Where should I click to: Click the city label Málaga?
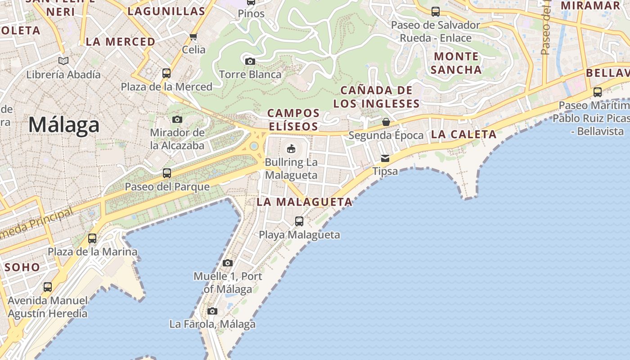tap(64, 124)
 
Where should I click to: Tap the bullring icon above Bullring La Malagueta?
tap(291, 148)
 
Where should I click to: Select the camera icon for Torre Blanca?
tap(250, 61)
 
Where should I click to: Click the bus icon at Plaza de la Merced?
tap(166, 73)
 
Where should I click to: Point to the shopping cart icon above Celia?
tap(193, 36)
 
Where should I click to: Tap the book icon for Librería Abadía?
tap(63, 61)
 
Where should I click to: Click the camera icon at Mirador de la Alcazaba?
tap(177, 119)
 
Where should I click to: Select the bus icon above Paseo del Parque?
tap(167, 173)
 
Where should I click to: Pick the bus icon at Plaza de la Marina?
tap(92, 238)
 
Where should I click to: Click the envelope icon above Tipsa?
tap(385, 158)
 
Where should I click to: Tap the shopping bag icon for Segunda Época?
tap(386, 121)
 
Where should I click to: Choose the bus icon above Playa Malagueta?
tap(299, 221)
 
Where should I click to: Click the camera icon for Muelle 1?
tap(228, 263)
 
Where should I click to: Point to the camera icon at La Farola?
tap(212, 311)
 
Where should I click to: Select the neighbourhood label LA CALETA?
tap(463, 134)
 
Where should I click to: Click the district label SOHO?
tap(22, 267)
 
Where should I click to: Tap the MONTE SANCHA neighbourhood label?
tap(456, 63)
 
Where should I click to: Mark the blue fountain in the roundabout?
tap(254, 146)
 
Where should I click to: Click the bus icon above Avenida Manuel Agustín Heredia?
tap(47, 287)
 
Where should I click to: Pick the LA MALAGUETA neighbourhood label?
tap(304, 202)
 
